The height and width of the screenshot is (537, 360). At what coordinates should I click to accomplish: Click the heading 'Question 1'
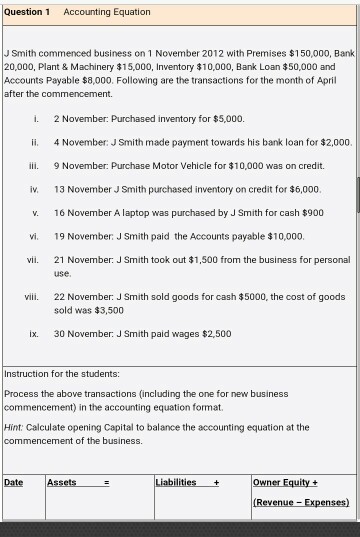[x=28, y=12]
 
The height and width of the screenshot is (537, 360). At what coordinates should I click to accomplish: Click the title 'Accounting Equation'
[x=107, y=12]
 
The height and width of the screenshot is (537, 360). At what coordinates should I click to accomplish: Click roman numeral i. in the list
[x=36, y=117]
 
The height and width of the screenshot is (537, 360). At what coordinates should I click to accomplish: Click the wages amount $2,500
[x=215, y=333]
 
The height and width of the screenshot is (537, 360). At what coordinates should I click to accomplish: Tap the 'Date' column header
[x=13, y=482]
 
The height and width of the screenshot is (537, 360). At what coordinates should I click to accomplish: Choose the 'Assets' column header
[x=61, y=482]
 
